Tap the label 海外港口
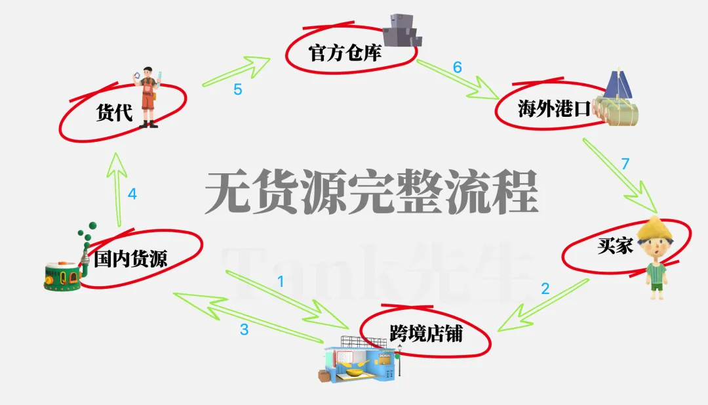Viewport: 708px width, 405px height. (x=545, y=108)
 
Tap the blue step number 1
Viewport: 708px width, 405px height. (x=281, y=282)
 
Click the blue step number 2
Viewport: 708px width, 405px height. (x=545, y=288)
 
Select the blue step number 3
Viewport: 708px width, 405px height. (x=244, y=330)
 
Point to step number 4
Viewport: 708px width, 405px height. (x=132, y=194)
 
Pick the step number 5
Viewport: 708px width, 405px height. (x=238, y=89)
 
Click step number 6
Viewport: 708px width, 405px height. (x=458, y=67)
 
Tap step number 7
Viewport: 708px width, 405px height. (x=625, y=164)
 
